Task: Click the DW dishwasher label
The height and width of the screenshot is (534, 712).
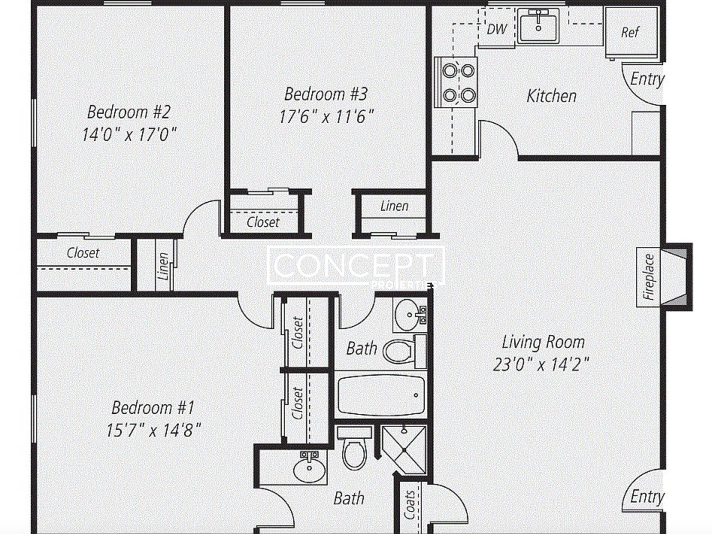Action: [497, 29]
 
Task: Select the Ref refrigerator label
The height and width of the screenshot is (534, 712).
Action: [630, 32]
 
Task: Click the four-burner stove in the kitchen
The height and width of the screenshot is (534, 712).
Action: [456, 82]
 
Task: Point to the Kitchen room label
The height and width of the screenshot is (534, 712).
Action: [551, 96]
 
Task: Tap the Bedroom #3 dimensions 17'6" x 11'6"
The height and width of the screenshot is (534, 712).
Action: [326, 117]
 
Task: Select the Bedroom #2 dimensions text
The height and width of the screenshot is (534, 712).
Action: [129, 134]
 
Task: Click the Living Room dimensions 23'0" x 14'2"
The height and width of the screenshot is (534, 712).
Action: [541, 364]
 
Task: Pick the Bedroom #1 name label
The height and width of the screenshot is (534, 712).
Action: [153, 407]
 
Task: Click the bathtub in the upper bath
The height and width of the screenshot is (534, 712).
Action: [381, 395]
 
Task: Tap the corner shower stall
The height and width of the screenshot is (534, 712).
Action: [404, 450]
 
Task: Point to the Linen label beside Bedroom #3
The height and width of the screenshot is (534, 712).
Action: [394, 206]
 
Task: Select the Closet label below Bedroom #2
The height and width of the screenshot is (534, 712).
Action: [83, 253]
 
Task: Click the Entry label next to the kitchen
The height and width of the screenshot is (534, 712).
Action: [647, 79]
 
